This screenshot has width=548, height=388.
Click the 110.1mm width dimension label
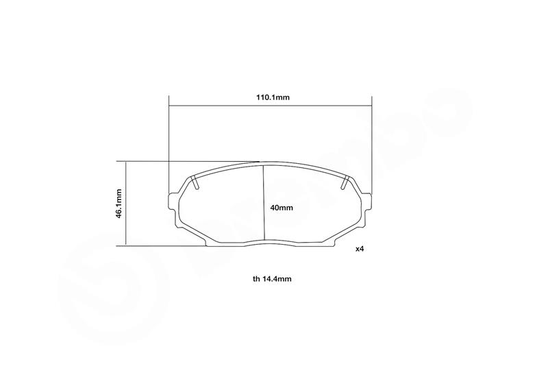coord(272,97)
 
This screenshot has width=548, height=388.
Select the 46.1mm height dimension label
coord(119,204)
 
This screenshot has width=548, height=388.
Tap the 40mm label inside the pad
coord(282,208)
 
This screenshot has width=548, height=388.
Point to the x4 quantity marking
coord(360,249)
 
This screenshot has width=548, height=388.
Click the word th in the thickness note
coord(256,279)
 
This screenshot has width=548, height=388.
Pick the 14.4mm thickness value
coord(277,279)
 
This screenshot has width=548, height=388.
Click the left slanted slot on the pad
coord(195,183)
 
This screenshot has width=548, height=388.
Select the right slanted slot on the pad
coord(345,183)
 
